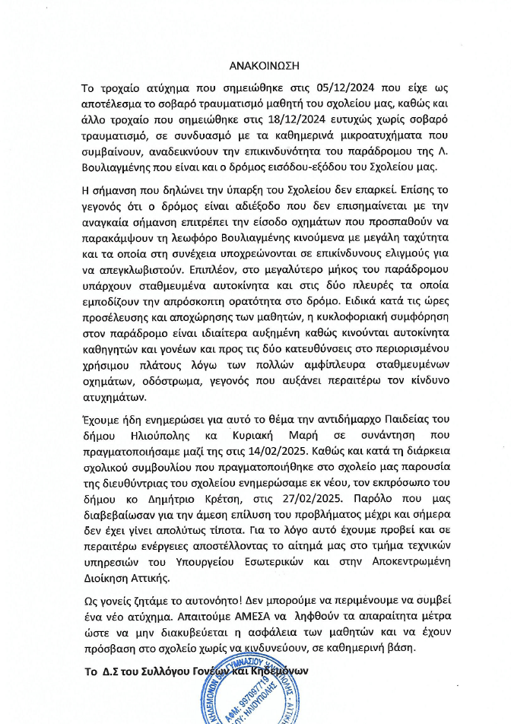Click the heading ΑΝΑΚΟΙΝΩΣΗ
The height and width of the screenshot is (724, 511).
click(255, 65)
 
